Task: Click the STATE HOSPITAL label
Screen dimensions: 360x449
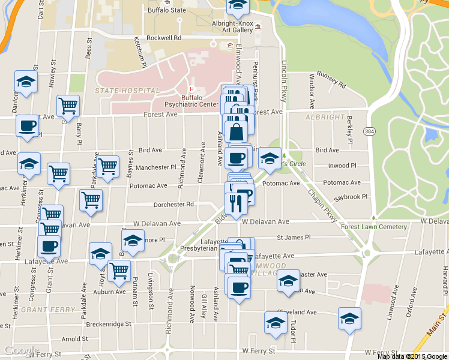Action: coord(127,91)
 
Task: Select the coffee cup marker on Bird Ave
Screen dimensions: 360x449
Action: coord(237,157)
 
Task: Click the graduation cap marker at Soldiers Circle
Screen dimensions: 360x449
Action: coord(270,158)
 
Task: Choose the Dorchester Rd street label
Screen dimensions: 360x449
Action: coord(173,204)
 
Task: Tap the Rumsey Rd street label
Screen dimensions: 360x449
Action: coord(331,82)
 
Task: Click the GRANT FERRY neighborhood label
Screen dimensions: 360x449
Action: coord(48,310)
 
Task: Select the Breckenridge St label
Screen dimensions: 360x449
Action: coord(109,324)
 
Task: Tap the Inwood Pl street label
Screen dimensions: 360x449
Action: coord(343,166)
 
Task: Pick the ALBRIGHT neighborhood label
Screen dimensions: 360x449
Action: coord(325,117)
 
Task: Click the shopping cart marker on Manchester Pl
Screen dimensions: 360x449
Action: coord(109,166)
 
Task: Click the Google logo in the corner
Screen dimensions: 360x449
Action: coord(22,350)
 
